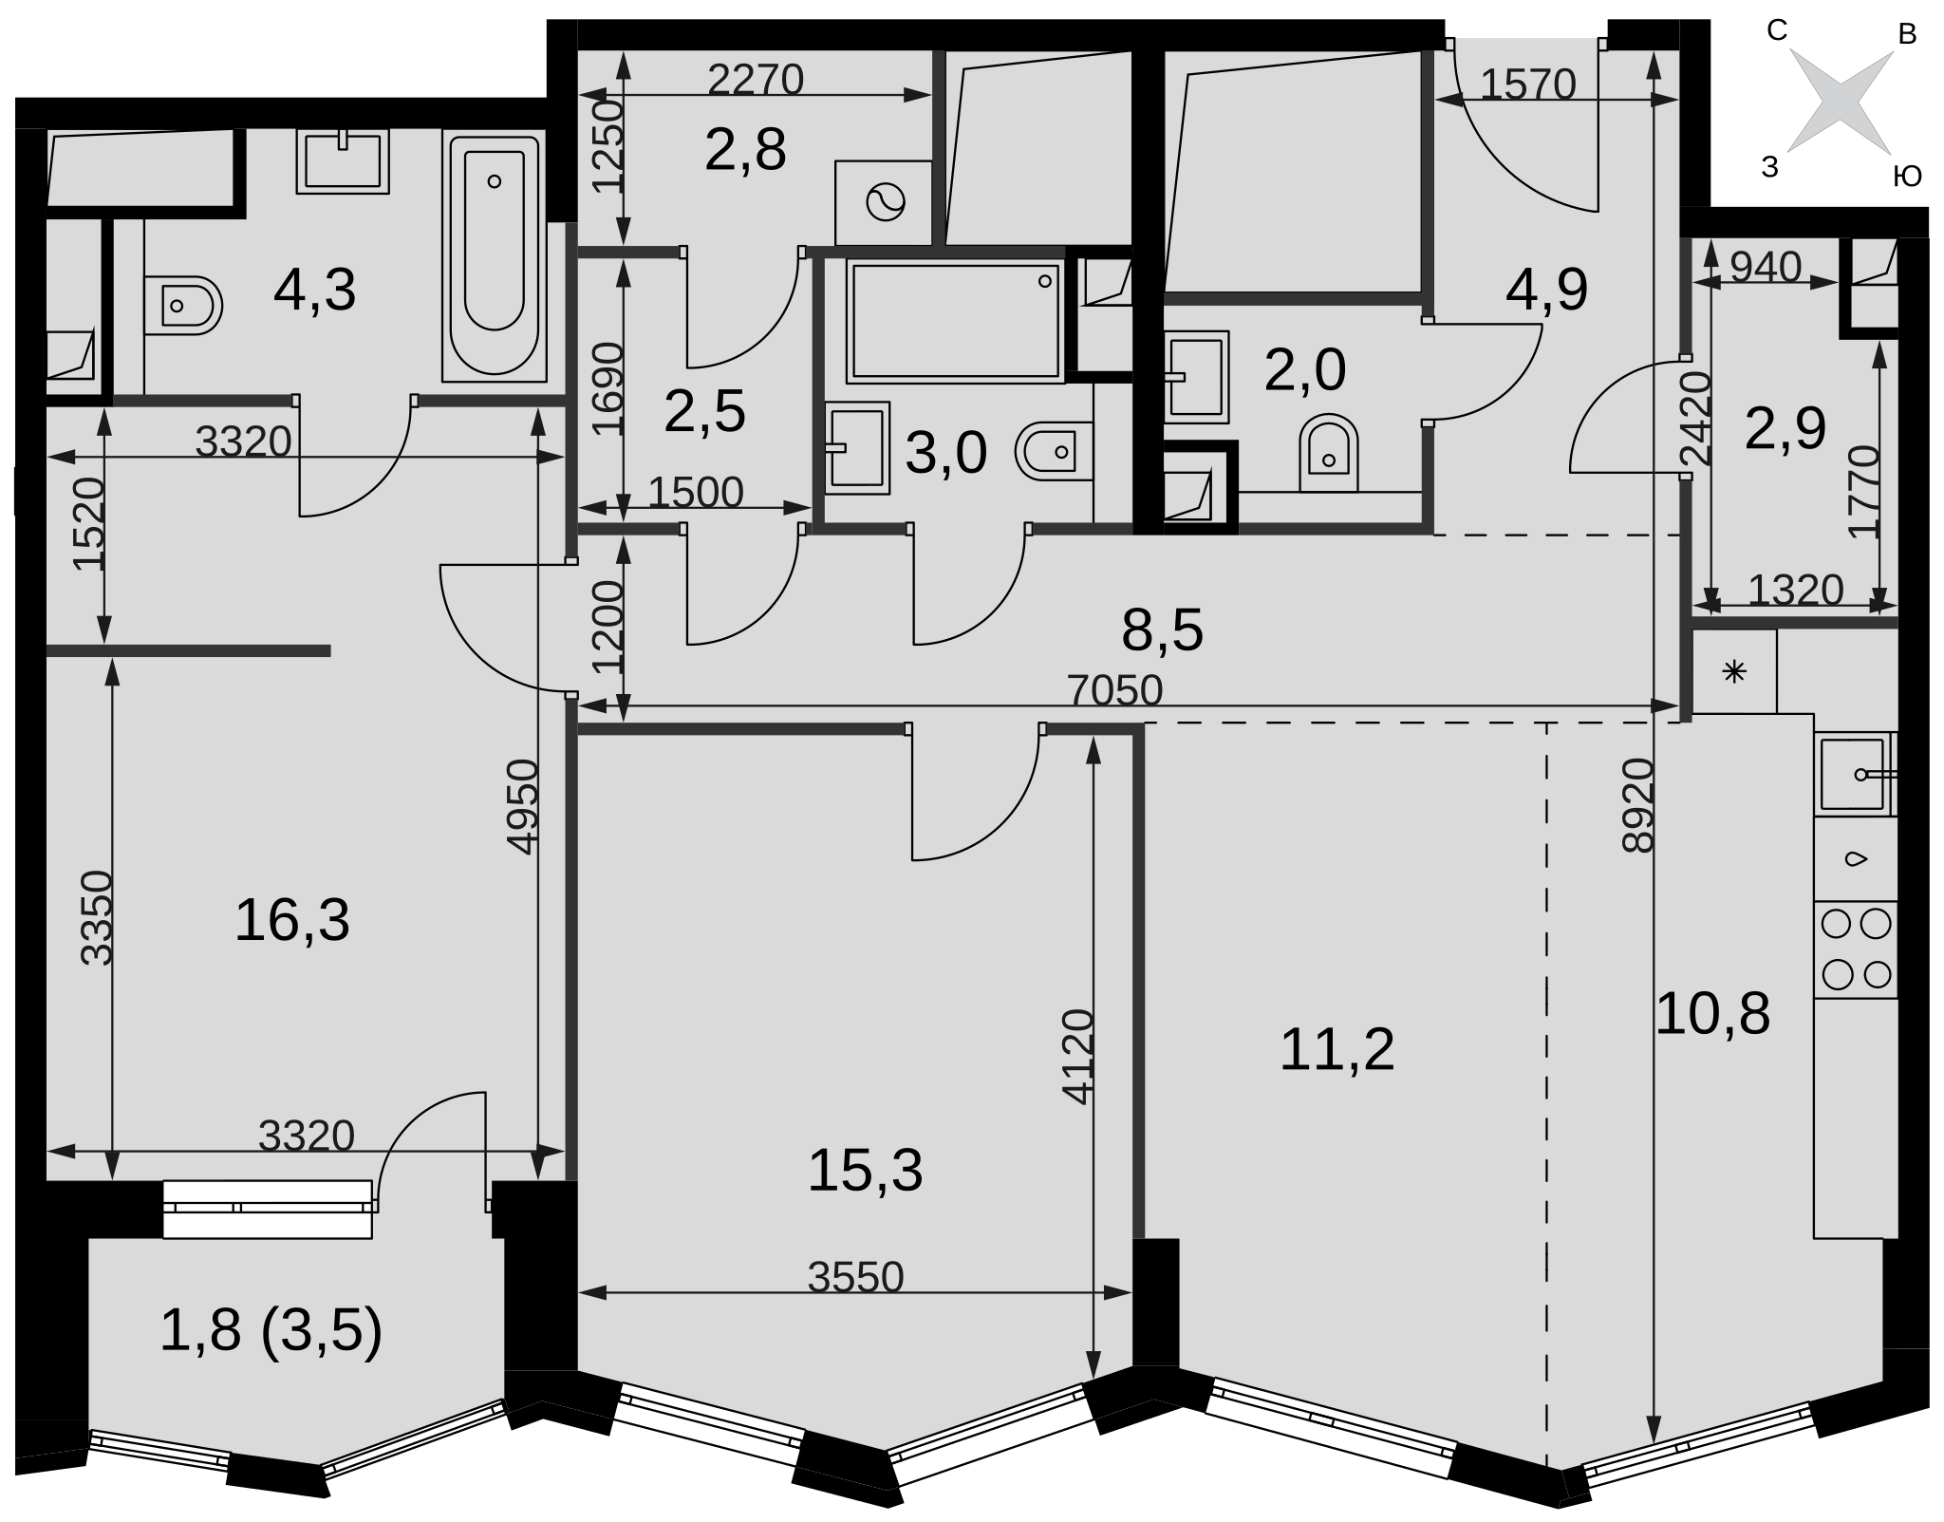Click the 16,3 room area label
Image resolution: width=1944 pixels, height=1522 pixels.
coord(291,921)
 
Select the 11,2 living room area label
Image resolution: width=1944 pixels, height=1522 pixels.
coord(1337,1050)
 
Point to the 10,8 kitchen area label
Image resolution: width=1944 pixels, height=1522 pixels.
coord(1712,1014)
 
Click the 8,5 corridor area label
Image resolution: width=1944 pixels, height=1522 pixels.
coord(1162,630)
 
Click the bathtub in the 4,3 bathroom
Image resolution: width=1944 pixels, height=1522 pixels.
coord(495,256)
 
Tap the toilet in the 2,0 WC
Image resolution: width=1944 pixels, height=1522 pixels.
coord(1329,453)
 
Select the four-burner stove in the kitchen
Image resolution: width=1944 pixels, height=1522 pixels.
coord(1856,949)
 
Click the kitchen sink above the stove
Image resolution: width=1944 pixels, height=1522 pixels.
coord(1854,774)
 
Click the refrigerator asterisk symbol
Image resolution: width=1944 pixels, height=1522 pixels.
coord(1734,672)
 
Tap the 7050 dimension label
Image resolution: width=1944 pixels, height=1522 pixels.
coord(1115,690)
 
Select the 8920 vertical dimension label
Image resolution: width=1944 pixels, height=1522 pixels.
coord(1638,806)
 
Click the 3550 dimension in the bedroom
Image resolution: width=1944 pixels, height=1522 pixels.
coord(855,1278)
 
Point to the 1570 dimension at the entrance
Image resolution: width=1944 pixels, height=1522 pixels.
coord(1528,85)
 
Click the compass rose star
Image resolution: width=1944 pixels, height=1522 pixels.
coord(1841,101)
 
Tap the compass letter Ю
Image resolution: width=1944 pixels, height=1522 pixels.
coord(1907,176)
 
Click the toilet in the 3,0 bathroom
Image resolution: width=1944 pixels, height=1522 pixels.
coord(1054,452)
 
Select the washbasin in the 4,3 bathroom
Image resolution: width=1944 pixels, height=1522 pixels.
coord(343,161)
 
